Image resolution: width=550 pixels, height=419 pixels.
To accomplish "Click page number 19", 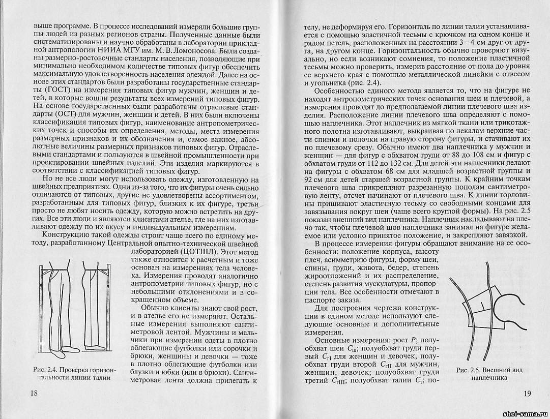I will [527, 393].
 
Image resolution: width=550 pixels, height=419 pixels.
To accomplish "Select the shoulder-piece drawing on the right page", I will [486, 315].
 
